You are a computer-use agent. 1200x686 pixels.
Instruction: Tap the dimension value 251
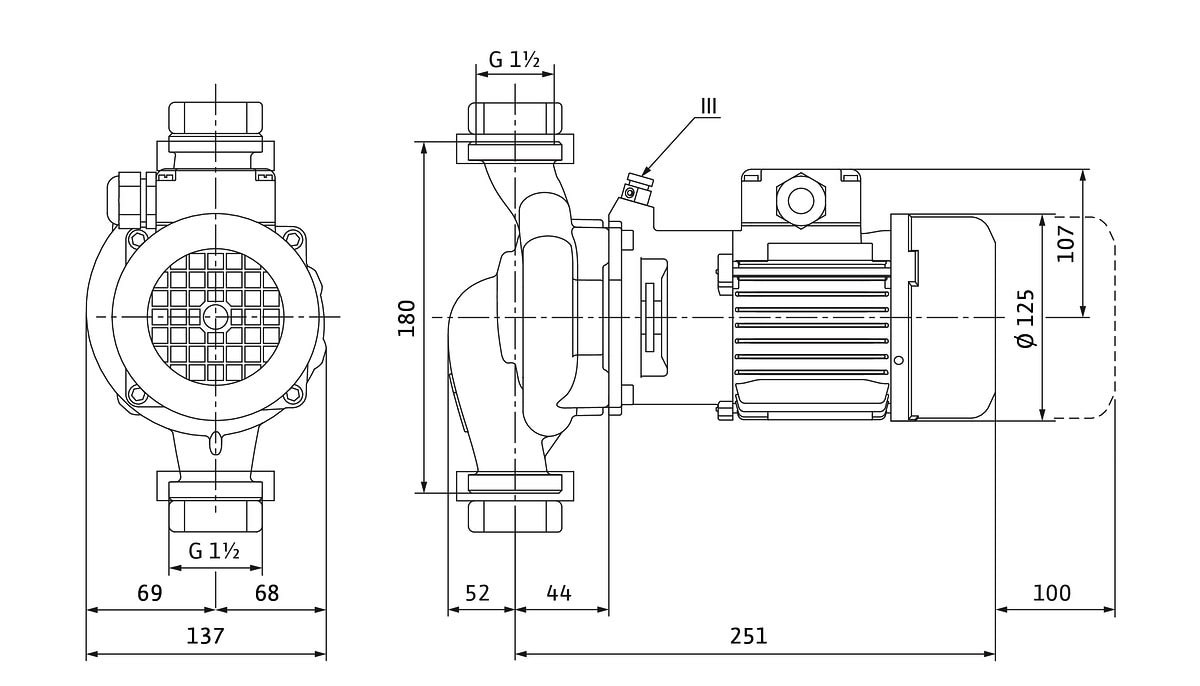click(x=748, y=636)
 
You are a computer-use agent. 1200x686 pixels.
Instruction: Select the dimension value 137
click(x=206, y=636)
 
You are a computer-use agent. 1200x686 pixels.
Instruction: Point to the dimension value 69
click(x=150, y=593)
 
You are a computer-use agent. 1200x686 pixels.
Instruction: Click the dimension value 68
click(x=267, y=593)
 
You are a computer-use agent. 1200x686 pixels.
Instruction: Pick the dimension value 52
click(x=478, y=593)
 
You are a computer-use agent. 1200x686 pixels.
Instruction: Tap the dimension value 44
click(x=559, y=593)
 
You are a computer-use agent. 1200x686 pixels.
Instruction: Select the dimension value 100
click(x=1051, y=593)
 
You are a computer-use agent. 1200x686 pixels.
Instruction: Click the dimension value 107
click(x=1066, y=243)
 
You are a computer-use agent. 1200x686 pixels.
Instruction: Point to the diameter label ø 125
click(x=1027, y=318)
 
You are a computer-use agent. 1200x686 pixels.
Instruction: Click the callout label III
click(x=708, y=103)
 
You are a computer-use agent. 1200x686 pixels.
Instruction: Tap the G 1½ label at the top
click(x=514, y=60)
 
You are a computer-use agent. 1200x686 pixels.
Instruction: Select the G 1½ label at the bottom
click(x=213, y=550)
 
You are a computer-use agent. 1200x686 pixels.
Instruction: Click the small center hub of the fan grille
click(x=215, y=317)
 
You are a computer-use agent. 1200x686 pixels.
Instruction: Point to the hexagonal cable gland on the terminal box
click(x=801, y=197)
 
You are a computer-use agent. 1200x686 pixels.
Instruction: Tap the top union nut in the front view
click(x=216, y=119)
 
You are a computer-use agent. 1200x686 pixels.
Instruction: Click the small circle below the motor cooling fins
click(x=898, y=360)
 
